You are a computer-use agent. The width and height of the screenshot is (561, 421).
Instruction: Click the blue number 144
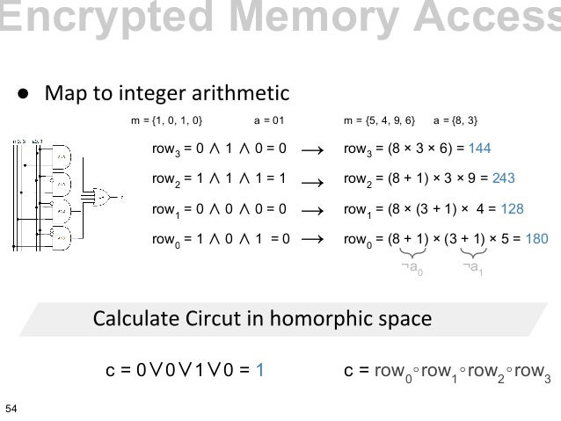coord(482,149)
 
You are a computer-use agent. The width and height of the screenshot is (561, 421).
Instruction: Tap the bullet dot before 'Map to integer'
coord(26,93)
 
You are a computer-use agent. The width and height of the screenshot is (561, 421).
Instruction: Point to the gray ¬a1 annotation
coord(472,266)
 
